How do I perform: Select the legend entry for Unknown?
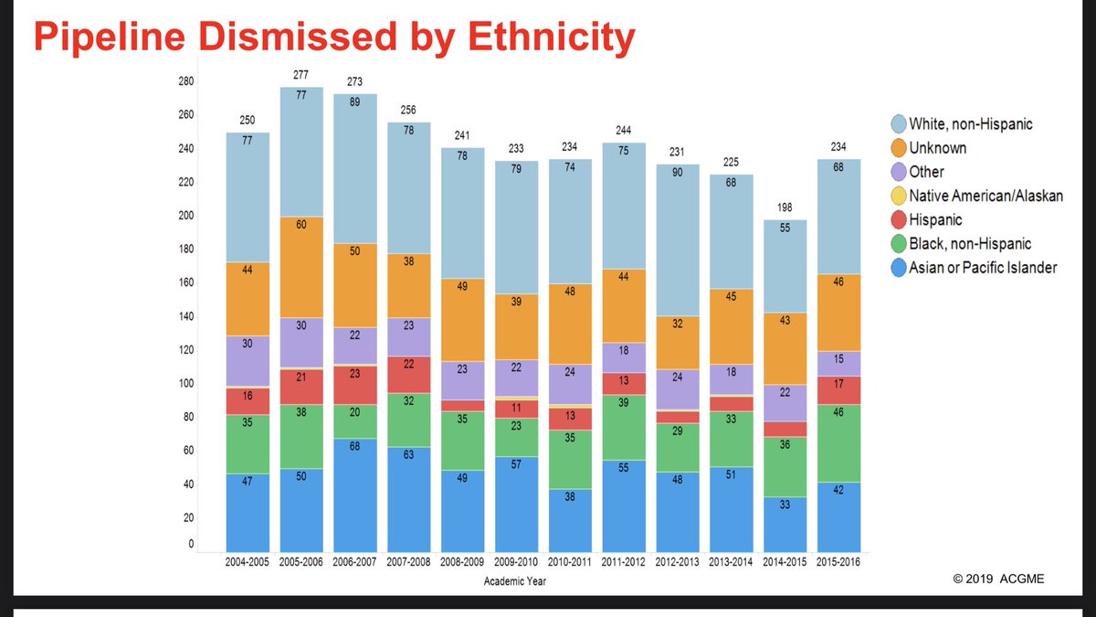coord(938,147)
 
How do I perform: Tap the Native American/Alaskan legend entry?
coord(985,196)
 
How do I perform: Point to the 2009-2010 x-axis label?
coord(517,562)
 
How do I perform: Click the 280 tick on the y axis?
coord(185,81)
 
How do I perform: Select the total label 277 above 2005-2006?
coord(301,74)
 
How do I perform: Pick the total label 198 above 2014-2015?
coord(785,207)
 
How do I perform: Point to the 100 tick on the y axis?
coord(185,383)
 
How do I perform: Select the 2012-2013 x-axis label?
coord(678,562)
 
